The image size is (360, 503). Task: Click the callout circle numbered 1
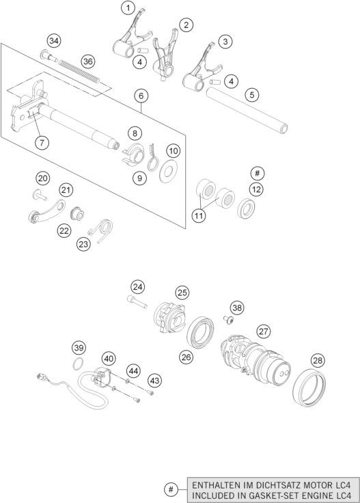(128, 8)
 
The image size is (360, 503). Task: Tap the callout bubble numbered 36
(88, 62)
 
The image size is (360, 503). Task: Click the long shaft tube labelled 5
(247, 110)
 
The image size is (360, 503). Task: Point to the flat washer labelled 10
(169, 172)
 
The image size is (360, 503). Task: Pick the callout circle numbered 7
(42, 142)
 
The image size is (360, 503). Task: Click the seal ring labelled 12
(246, 208)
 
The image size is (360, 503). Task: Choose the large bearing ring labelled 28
(309, 388)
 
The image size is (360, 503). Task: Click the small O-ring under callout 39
(78, 364)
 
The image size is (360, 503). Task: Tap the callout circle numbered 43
(154, 381)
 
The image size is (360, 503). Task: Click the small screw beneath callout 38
(228, 319)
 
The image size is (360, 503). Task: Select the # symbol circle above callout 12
(257, 174)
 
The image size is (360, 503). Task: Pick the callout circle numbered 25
(182, 293)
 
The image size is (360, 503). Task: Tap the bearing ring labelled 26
(200, 332)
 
